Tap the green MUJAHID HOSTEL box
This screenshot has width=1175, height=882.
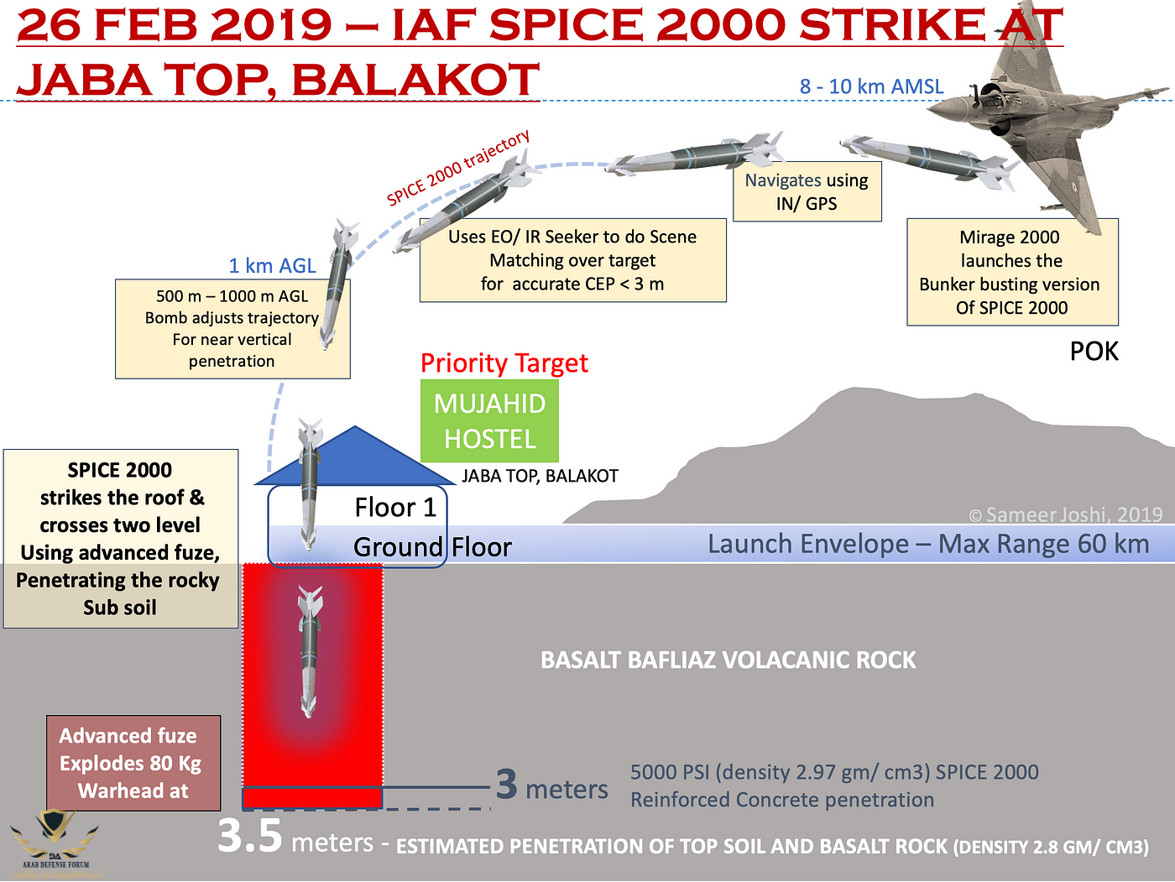tap(489, 421)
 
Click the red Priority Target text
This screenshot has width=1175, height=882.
tap(504, 363)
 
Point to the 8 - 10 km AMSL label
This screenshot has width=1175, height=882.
tap(871, 86)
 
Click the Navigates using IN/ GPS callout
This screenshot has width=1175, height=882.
tap(807, 192)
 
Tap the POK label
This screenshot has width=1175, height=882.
tap(1094, 351)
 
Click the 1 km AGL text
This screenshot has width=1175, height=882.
tap(272, 266)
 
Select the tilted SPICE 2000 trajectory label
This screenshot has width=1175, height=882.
tap(458, 168)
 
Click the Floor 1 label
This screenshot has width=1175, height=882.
tap(395, 508)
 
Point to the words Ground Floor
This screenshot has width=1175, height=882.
tap(432, 547)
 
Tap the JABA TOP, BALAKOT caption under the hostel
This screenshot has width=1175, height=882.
tap(540, 476)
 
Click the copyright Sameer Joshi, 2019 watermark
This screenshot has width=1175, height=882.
tap(1066, 514)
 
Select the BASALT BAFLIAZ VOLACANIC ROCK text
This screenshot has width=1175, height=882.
tap(728, 660)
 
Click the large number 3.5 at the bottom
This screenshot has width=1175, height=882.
tap(249, 836)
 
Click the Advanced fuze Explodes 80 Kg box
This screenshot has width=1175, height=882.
tap(133, 763)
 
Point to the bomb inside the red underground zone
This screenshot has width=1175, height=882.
tap(311, 650)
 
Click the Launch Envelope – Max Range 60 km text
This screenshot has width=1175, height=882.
tap(927, 544)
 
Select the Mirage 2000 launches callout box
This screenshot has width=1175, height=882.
tap(1011, 272)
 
